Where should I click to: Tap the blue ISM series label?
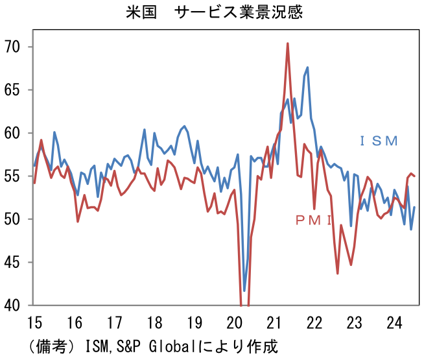click(x=379, y=141)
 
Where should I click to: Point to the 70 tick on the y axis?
click(x=14, y=47)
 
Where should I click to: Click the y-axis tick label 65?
click(x=14, y=90)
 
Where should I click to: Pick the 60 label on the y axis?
click(x=14, y=133)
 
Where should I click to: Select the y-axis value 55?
click(x=14, y=176)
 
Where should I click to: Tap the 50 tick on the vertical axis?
click(x=14, y=219)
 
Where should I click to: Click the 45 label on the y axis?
click(x=14, y=263)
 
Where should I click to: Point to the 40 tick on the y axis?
click(x=14, y=305)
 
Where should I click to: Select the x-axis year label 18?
click(x=154, y=322)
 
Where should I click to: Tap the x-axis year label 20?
click(x=234, y=322)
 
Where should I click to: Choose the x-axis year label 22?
click(x=314, y=322)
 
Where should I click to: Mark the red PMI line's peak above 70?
click(x=288, y=43)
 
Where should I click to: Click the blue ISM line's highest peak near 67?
click(x=307, y=67)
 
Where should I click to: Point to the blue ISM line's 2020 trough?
click(x=244, y=291)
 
